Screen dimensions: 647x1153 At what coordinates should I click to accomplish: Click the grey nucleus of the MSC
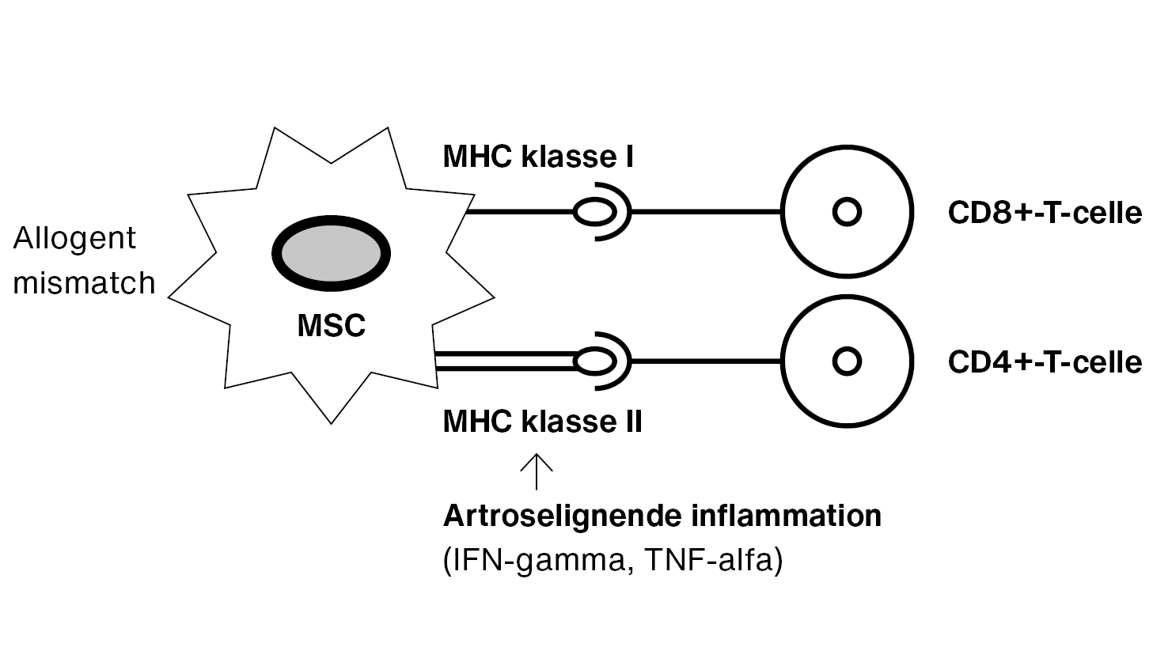coord(331,254)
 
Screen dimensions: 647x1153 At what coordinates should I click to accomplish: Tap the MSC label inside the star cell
coord(331,325)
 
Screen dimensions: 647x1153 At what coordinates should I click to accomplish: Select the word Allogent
coord(74,238)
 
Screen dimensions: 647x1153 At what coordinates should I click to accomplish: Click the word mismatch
coord(84,282)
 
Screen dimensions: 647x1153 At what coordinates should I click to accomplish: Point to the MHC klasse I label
coord(538,157)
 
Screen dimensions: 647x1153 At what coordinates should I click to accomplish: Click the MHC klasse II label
coord(542,421)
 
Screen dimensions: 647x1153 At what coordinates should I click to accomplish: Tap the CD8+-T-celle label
coord(1045,213)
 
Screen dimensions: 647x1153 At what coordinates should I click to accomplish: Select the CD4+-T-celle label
coord(1045,361)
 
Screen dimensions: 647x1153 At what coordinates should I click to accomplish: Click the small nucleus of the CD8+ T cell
coord(848,212)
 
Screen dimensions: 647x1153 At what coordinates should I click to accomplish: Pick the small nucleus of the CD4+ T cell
coord(848,361)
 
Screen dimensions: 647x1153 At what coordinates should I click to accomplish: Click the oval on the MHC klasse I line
coord(594,212)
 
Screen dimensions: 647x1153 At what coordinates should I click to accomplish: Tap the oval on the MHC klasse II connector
coord(594,361)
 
